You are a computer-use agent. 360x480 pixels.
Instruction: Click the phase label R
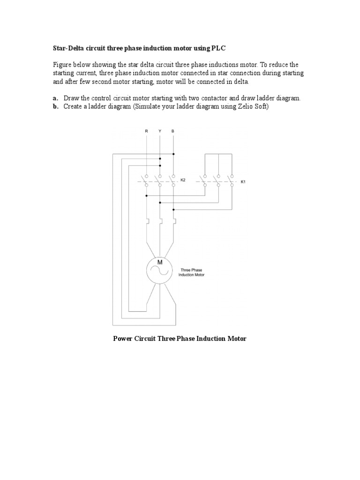point(147,132)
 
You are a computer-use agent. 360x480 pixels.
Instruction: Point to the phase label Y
point(160,132)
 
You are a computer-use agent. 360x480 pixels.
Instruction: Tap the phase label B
point(173,132)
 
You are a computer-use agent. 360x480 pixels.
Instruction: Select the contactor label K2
point(183,180)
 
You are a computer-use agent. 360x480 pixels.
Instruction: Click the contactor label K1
point(243,182)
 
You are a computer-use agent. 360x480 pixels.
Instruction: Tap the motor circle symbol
point(159,270)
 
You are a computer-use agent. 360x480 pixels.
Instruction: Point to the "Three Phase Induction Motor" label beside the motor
point(192,272)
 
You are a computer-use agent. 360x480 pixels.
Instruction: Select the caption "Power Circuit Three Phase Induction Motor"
point(180,338)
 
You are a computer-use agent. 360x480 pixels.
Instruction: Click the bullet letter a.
point(55,98)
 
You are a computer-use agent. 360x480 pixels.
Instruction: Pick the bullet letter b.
point(55,107)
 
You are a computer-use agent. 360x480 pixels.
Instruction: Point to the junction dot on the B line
point(173,153)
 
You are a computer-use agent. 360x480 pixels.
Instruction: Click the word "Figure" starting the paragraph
point(63,65)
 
